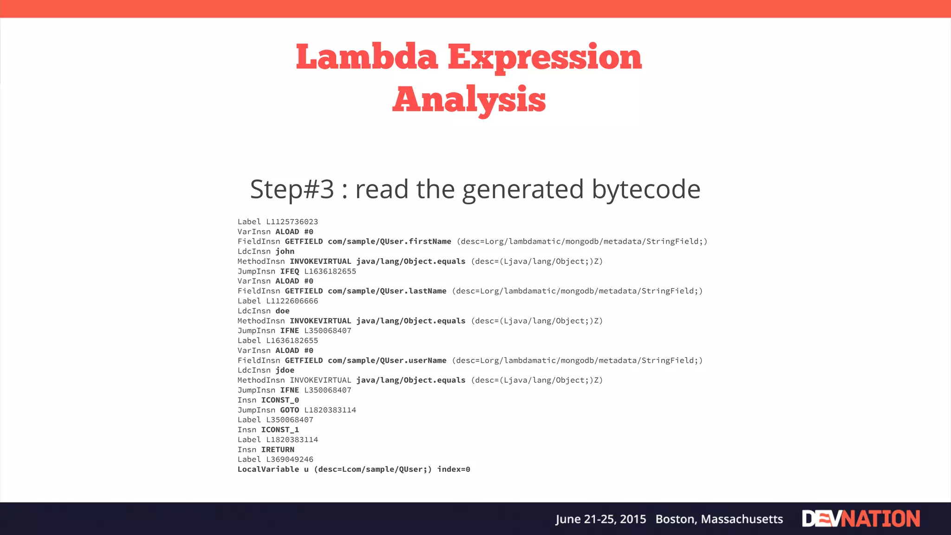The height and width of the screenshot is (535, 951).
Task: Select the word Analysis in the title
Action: click(x=469, y=99)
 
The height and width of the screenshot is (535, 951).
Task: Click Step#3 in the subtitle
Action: click(x=292, y=189)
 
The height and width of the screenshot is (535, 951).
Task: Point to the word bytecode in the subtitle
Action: click(x=646, y=189)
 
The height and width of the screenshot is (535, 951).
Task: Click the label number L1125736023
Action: click(x=292, y=222)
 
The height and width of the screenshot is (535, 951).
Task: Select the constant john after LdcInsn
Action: click(x=285, y=252)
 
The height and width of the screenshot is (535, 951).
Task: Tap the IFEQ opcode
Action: click(x=290, y=271)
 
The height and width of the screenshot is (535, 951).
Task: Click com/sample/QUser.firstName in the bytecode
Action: click(x=390, y=241)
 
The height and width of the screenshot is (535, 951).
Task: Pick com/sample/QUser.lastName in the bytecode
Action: click(x=387, y=291)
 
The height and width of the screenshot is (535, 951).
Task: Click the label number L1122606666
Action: click(x=292, y=301)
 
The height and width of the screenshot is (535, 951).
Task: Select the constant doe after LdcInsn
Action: click(x=282, y=311)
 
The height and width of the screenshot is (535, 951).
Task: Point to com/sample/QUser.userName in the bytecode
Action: click(x=387, y=360)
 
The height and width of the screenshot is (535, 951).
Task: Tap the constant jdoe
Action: click(x=285, y=371)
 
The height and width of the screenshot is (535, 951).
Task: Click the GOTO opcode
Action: click(x=290, y=410)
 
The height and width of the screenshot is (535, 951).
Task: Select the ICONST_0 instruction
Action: click(x=280, y=400)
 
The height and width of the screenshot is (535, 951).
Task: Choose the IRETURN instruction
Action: click(x=278, y=450)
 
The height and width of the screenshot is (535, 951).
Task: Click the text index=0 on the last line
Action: click(x=454, y=470)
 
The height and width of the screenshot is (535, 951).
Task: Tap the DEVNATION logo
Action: click(x=861, y=519)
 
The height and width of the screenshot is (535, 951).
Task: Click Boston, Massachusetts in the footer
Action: click(x=719, y=519)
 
